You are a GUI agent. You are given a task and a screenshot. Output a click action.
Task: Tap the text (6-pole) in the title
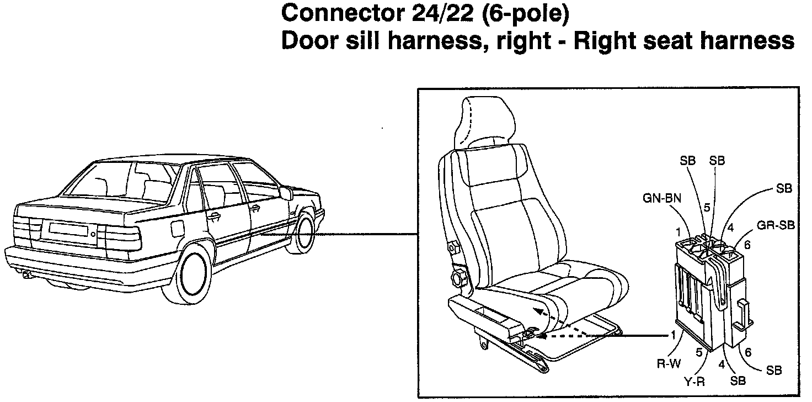tap(524, 14)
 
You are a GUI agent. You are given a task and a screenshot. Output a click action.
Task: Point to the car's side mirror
tap(286, 193)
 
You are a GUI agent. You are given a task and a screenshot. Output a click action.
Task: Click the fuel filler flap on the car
tap(178, 228)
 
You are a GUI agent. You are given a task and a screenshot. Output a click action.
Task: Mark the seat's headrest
tap(484, 119)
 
